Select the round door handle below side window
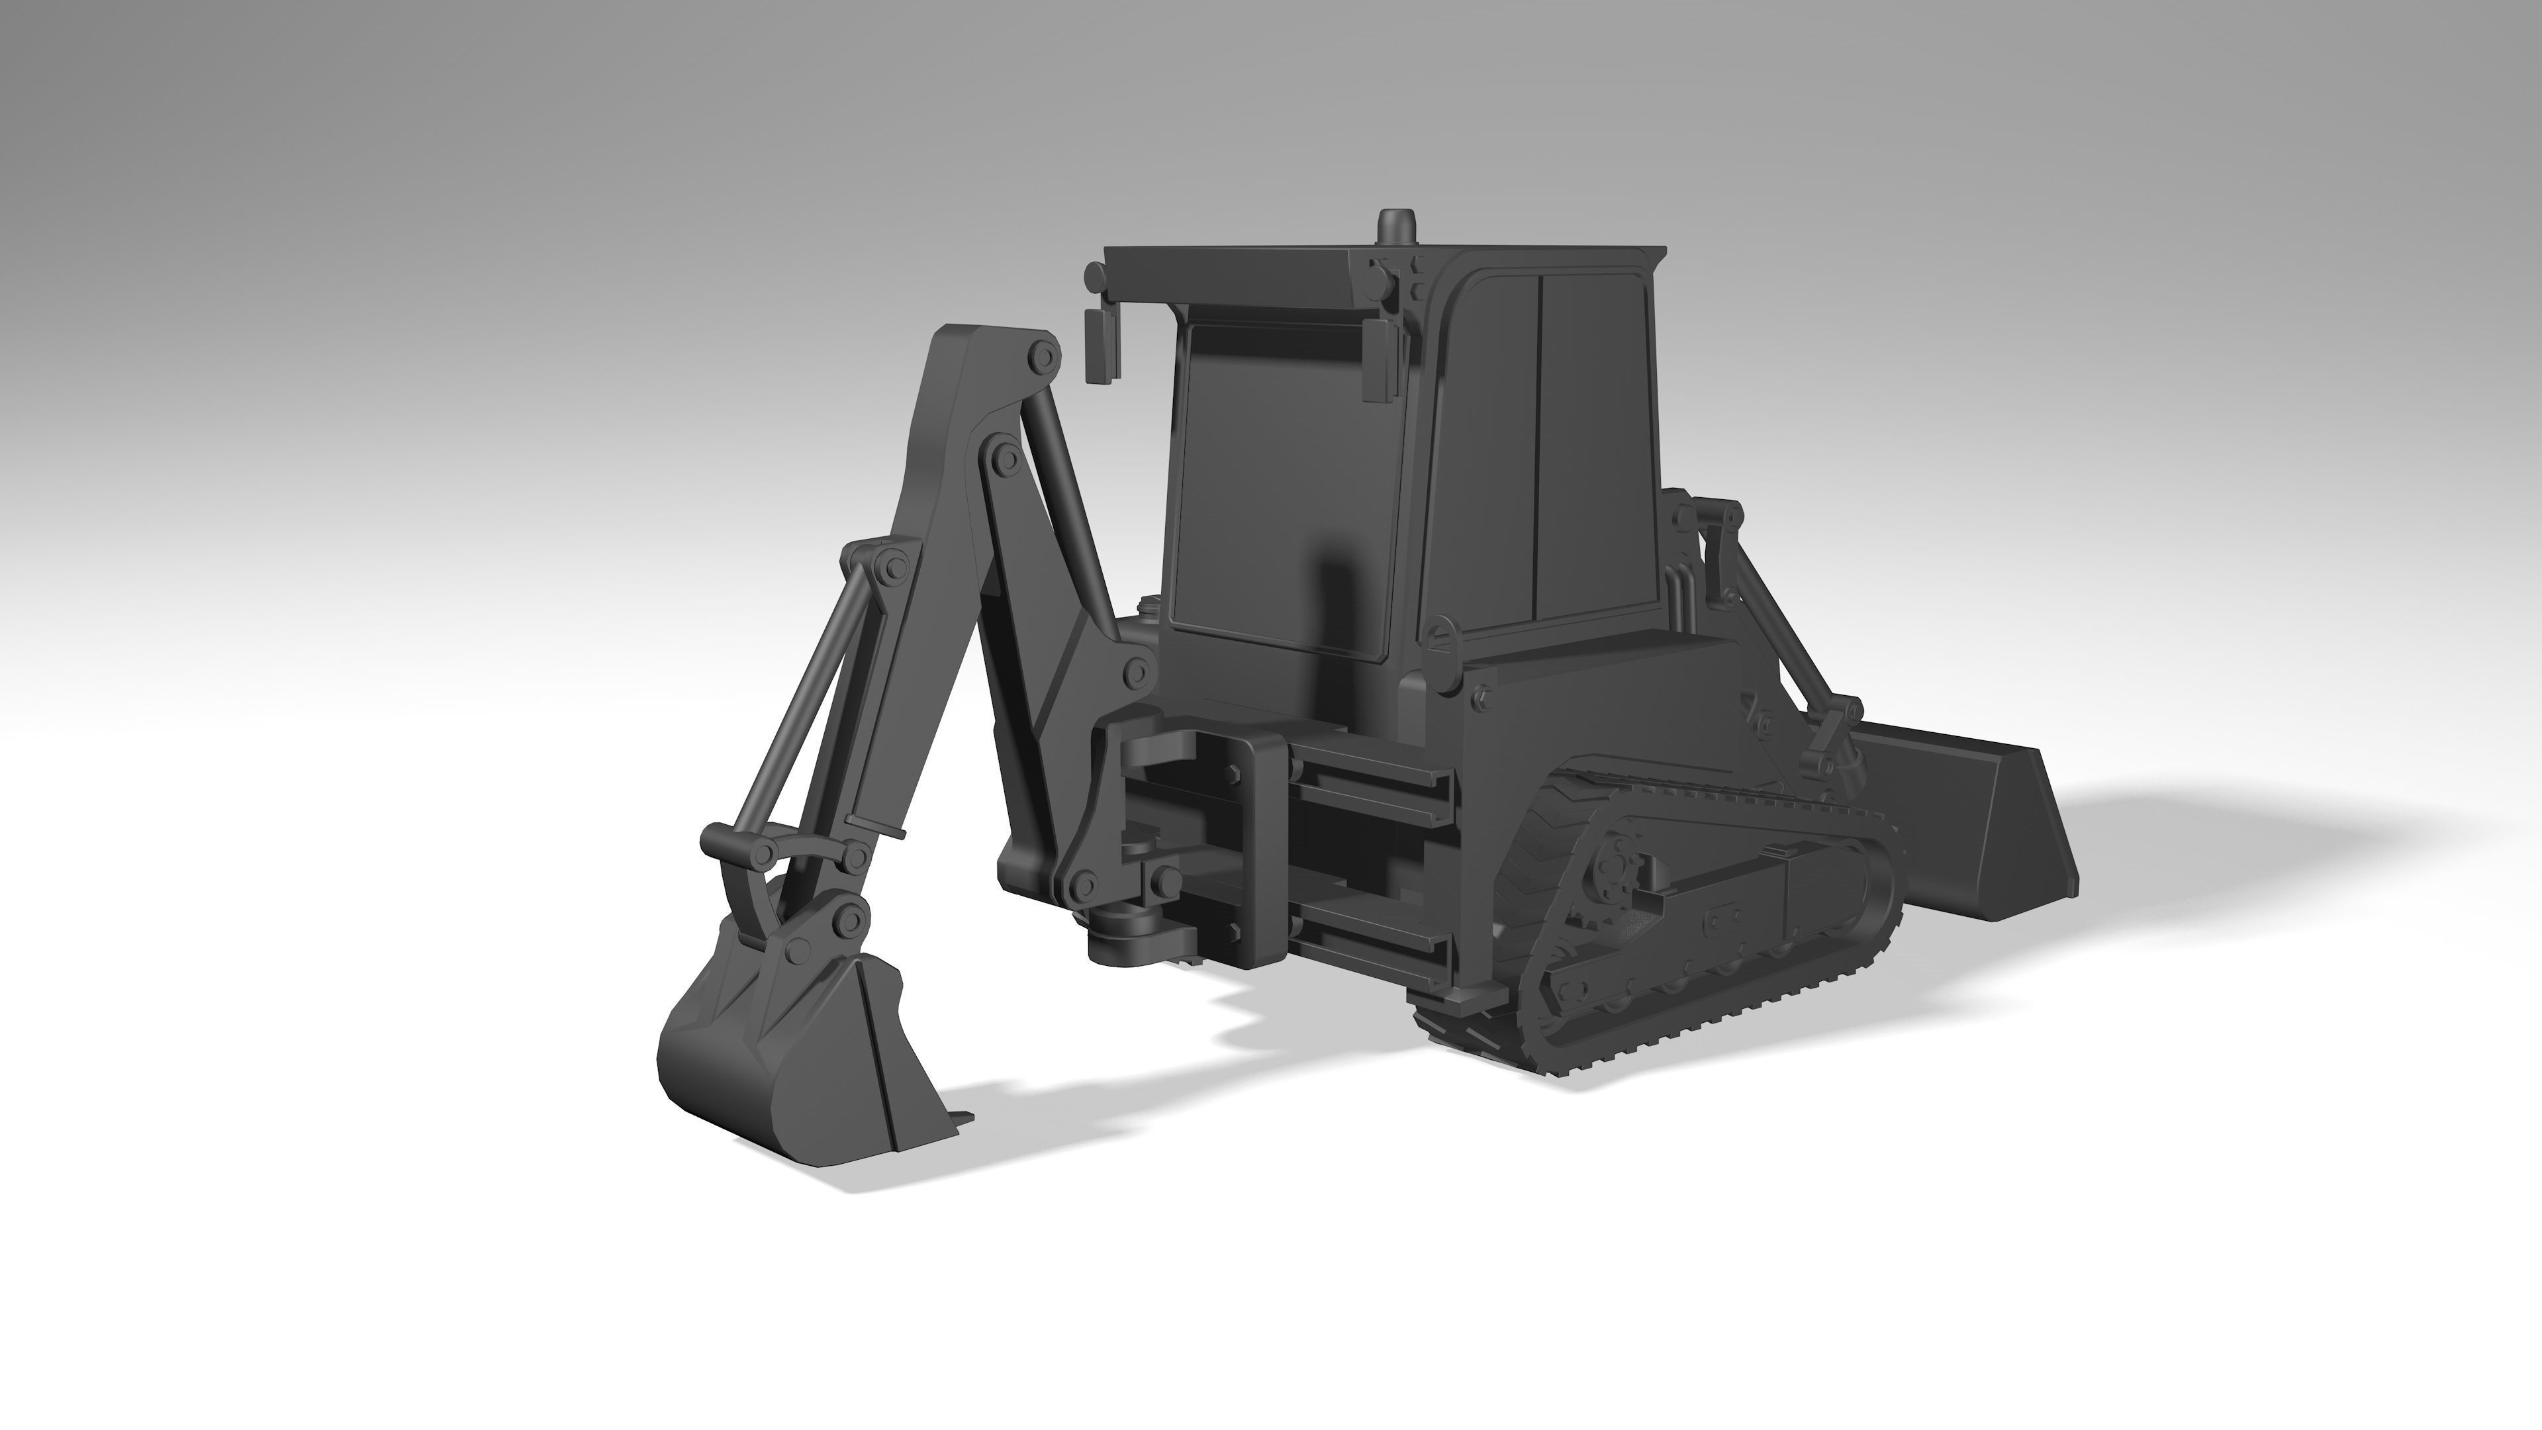pos(1442,635)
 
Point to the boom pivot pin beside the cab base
pos(1136,673)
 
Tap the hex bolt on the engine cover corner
pos(1480,698)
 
